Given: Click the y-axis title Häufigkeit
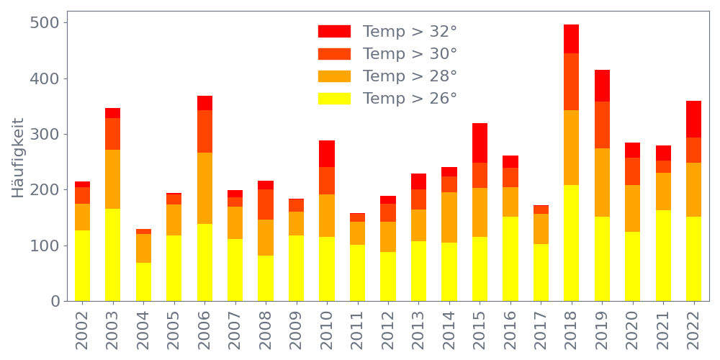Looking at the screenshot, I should point(18,157).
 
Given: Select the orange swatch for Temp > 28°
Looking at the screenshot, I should point(334,76).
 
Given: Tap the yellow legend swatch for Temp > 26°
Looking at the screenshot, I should point(334,99).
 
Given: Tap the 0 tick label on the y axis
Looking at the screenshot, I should point(55,302).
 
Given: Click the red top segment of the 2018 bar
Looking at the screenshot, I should point(572,39).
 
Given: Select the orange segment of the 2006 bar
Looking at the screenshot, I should point(204,189).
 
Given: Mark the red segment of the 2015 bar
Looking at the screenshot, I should point(480,143).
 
